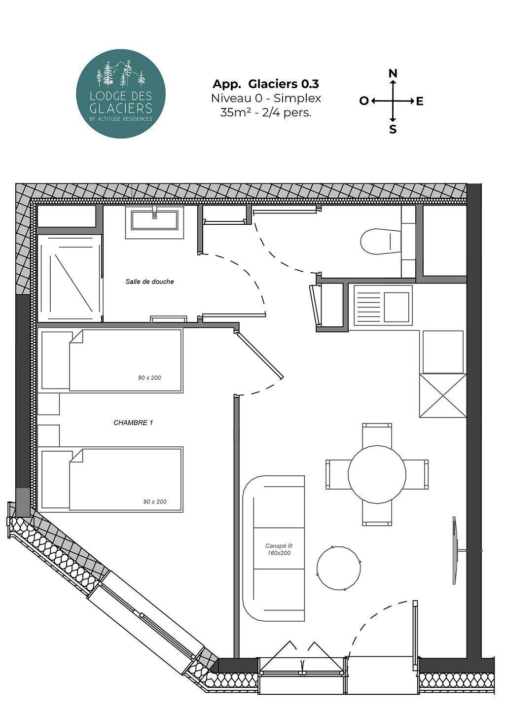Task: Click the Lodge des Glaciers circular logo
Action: click(120, 94)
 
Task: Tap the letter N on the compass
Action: click(393, 73)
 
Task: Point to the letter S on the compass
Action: click(393, 130)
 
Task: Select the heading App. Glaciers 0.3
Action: click(266, 84)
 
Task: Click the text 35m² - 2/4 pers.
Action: click(266, 112)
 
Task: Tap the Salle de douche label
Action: click(149, 282)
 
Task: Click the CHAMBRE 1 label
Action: click(133, 423)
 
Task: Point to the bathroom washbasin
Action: click(155, 220)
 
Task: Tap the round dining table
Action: click(377, 474)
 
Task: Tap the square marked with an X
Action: click(443, 395)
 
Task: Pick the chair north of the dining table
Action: click(377, 435)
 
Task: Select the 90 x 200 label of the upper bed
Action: click(149, 378)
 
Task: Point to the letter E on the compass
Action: click(420, 102)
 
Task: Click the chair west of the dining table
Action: click(337, 474)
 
